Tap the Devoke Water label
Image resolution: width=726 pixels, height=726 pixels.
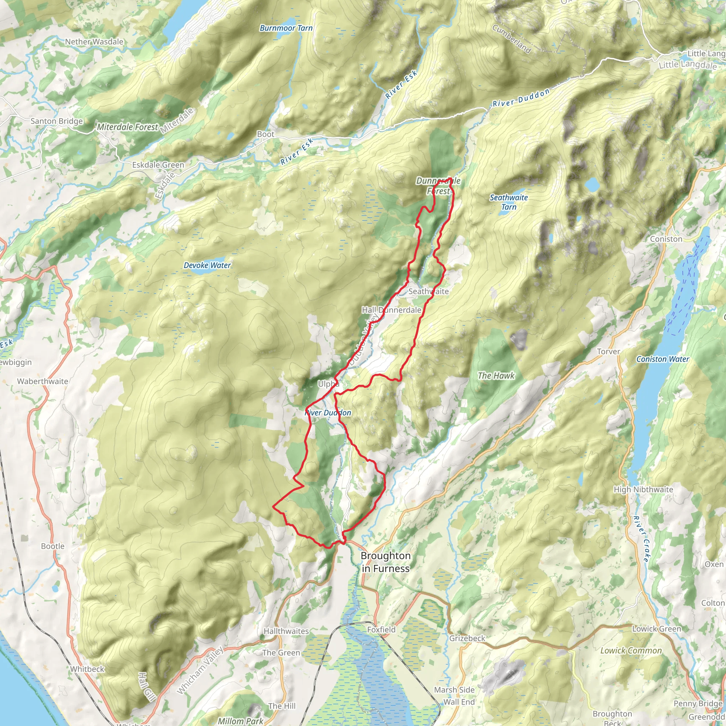point(207,265)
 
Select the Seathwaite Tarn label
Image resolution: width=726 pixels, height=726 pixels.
point(508,202)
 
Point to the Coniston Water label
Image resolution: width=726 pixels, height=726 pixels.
point(663,359)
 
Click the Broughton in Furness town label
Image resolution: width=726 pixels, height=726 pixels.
point(385,562)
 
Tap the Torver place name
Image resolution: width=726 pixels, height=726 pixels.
point(608,351)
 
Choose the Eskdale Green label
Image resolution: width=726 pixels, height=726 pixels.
point(158,165)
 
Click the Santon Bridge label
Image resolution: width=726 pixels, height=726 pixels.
point(56,121)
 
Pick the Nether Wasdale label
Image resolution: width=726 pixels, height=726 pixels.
point(94,42)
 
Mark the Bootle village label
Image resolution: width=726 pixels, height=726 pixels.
point(52,546)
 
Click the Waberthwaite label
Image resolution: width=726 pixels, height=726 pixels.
point(43,381)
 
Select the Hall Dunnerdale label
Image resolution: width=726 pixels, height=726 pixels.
point(391,310)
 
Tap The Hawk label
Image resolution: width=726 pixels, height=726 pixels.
point(496,376)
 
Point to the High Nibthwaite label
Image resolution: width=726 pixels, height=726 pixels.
point(643,489)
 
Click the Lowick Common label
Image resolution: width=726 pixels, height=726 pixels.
point(631,650)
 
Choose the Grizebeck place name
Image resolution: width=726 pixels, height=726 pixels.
point(467,638)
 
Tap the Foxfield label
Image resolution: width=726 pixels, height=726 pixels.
point(381,630)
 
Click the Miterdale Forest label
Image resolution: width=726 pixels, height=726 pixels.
point(127,127)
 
